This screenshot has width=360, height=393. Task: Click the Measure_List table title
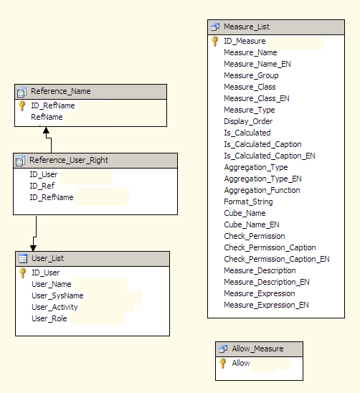(x=247, y=27)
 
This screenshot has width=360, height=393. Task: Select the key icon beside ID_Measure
(x=215, y=41)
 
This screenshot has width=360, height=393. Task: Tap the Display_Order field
(x=248, y=122)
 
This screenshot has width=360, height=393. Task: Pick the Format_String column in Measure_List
(x=248, y=202)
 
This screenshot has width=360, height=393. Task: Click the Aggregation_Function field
(x=262, y=191)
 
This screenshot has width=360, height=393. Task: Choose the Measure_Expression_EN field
(x=266, y=305)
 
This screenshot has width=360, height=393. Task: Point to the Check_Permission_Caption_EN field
(x=277, y=259)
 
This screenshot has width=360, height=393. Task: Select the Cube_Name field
(x=245, y=213)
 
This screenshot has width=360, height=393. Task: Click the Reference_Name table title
(x=61, y=91)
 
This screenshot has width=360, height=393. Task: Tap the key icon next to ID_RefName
(x=22, y=105)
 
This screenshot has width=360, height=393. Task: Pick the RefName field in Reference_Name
(x=47, y=117)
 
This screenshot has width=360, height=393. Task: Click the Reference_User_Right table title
(x=69, y=160)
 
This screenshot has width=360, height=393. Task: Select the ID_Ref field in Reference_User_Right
(x=42, y=186)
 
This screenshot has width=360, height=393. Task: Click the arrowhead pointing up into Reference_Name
(x=46, y=130)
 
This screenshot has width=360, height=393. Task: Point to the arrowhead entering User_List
(x=33, y=248)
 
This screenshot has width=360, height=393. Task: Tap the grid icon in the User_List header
(x=23, y=258)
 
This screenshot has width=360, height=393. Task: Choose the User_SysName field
(x=57, y=295)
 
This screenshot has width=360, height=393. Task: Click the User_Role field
(x=49, y=318)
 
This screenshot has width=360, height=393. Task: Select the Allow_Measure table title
(x=257, y=349)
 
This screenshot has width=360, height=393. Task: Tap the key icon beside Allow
(x=222, y=363)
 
